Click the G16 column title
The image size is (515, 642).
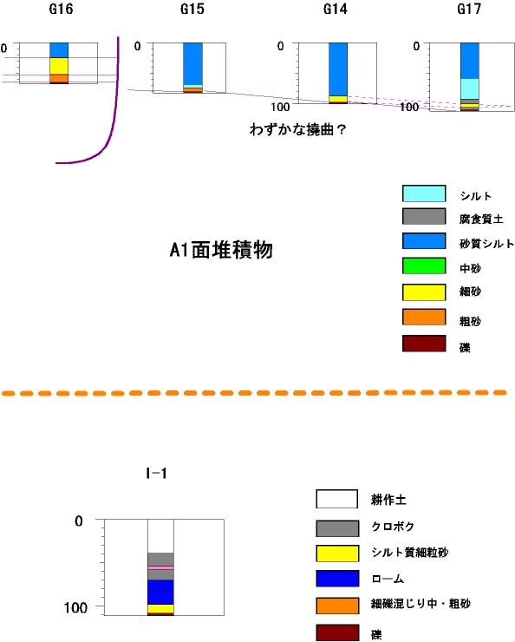(61, 9)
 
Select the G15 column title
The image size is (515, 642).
(192, 9)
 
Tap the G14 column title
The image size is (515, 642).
(336, 9)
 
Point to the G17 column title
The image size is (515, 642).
(469, 9)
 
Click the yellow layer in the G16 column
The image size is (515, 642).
(59, 66)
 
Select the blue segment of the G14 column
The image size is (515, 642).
(338, 69)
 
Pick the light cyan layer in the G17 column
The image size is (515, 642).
(470, 88)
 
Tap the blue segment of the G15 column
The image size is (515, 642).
(192, 63)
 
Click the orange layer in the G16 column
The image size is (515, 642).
(59, 78)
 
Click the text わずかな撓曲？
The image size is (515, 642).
(297, 129)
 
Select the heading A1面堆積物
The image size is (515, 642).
(221, 250)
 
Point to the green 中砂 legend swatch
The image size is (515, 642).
(424, 265)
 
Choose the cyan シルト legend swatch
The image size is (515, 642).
(424, 193)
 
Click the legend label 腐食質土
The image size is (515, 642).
(481, 219)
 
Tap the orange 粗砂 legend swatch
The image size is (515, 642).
(424, 318)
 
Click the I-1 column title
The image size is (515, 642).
(156, 474)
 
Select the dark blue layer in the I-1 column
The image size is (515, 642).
(160, 592)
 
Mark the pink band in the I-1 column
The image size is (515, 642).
(160, 568)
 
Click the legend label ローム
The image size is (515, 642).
(388, 579)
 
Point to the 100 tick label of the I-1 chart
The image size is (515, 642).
(75, 607)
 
